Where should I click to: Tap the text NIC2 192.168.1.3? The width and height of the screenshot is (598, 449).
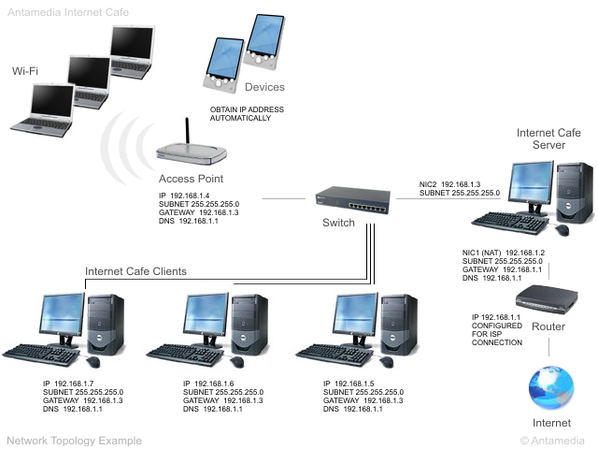[449, 184]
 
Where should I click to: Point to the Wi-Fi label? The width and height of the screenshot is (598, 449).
[26, 71]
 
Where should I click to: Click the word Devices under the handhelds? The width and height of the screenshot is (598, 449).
[264, 87]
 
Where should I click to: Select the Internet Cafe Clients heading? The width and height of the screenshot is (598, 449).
[135, 271]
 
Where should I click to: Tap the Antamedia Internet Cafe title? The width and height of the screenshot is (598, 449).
[65, 11]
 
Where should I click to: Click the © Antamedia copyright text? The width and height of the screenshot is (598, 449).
[553, 440]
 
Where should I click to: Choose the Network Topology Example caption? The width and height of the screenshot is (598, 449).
[75, 440]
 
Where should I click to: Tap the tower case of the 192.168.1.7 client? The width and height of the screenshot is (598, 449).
[105, 323]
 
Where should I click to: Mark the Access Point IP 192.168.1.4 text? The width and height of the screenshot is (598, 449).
[192, 195]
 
